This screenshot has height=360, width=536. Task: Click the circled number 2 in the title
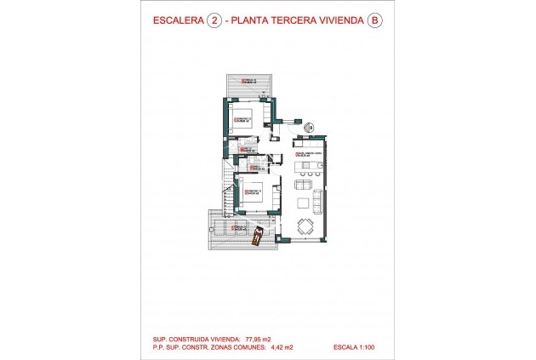pos(214,24)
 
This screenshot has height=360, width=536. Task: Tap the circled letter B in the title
pos(373,24)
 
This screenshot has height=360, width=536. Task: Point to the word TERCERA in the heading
pos(297,24)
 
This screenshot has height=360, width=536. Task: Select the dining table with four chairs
pos(305,226)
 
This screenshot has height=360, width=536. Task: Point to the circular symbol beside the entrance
pos(310,129)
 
